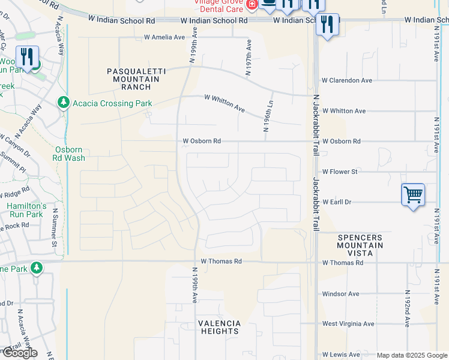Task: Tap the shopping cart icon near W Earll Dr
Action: [x=413, y=195]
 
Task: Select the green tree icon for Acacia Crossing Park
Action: [x=64, y=103]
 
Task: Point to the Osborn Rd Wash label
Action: [x=70, y=154]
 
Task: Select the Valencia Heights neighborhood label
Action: [x=219, y=327]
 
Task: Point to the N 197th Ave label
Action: [x=247, y=58]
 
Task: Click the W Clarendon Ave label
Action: [x=347, y=80]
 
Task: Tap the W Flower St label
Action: [x=340, y=172]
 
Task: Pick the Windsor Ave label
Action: [x=340, y=294]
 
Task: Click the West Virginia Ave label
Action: [x=348, y=324]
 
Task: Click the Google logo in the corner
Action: [x=20, y=353]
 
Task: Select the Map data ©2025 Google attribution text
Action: [x=412, y=355]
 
